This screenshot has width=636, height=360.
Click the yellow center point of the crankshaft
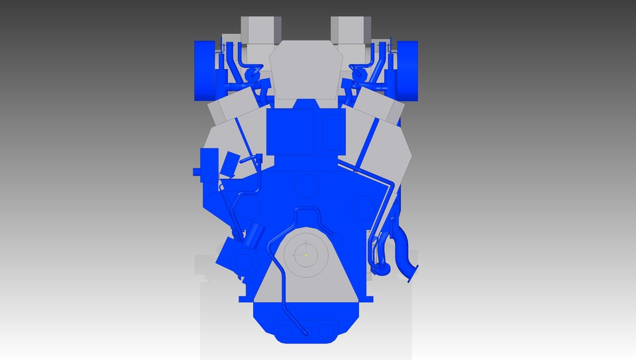[x=306, y=254]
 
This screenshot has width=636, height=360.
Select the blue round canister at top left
[x=205, y=70]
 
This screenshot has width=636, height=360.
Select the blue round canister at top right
[x=407, y=70]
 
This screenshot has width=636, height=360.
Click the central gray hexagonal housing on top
[x=306, y=70]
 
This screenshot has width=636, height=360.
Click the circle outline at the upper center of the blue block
[x=306, y=185]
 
